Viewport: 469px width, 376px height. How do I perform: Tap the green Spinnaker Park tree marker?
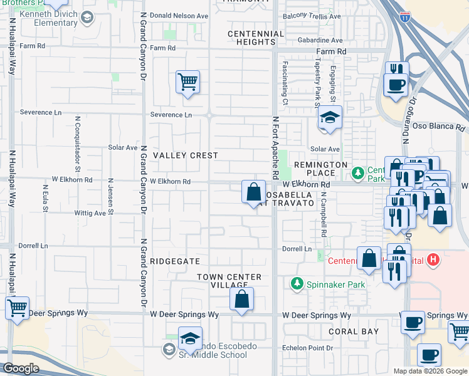tap(297, 284)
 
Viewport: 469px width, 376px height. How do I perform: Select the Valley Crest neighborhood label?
tap(186, 155)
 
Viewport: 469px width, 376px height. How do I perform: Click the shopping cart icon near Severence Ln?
tap(187, 81)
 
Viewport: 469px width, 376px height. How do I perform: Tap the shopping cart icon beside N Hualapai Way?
tap(17, 308)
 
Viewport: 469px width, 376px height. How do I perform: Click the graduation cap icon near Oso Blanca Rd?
tap(329, 117)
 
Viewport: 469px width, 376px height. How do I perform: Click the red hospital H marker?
tap(433, 259)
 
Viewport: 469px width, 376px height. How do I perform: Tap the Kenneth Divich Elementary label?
tap(48, 18)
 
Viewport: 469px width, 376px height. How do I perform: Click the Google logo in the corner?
tap(21, 368)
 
